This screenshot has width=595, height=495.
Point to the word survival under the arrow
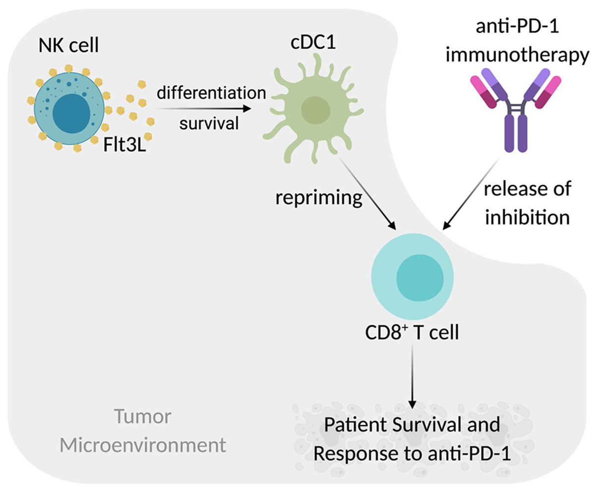click(x=208, y=123)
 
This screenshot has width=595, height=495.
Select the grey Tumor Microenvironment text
click(x=143, y=431)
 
